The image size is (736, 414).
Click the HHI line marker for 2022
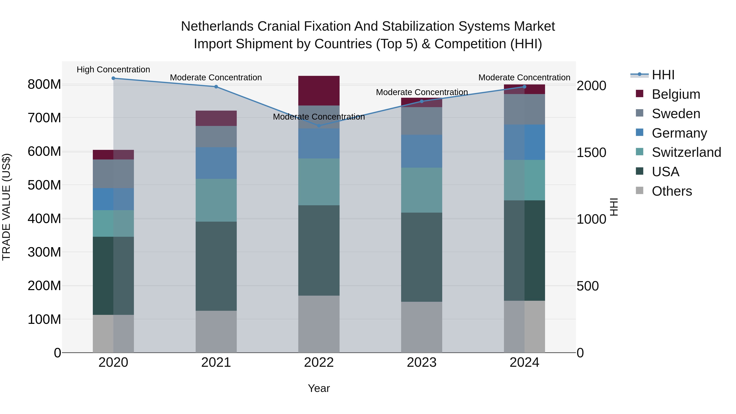point(319,126)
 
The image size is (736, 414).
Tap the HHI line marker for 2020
point(113,78)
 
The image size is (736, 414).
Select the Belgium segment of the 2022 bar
point(319,91)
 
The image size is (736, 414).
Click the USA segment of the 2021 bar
point(216,266)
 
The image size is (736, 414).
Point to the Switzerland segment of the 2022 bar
point(319,182)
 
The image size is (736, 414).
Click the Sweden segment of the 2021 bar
point(216,137)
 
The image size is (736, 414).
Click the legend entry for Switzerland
point(686,152)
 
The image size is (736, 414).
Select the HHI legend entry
point(663,75)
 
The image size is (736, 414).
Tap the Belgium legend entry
point(676,94)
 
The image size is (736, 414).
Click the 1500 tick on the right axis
point(591,152)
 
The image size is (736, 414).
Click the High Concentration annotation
point(113,70)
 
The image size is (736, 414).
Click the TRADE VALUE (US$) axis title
point(6,207)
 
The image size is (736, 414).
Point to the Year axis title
point(319,388)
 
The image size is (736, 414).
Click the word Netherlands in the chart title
point(217,26)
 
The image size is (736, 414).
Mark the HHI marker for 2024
point(524,86)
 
